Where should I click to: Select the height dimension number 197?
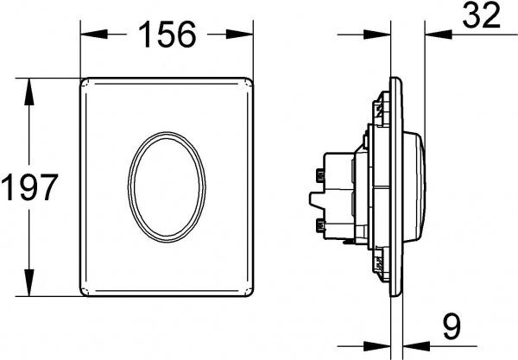click(29, 186)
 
